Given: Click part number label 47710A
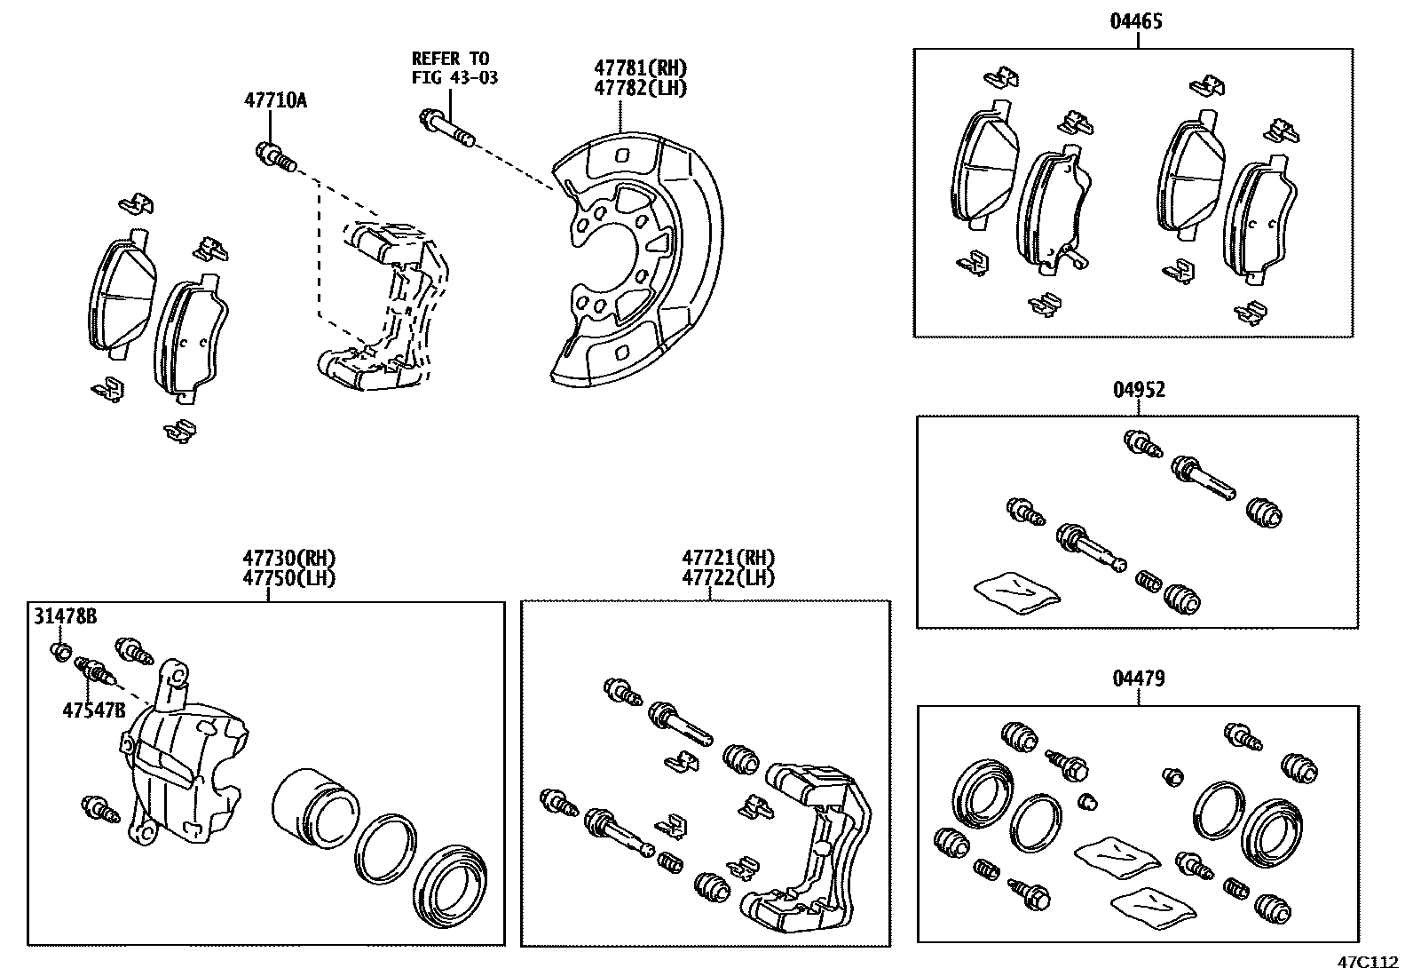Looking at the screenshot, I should pyautogui.click(x=275, y=100).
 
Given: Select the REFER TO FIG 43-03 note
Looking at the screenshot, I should pyautogui.click(x=454, y=68).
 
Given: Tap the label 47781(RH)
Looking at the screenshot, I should pyautogui.click(x=640, y=68).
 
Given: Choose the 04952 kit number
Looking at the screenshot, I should pyautogui.click(x=1138, y=389).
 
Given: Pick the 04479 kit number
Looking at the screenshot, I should pyautogui.click(x=1138, y=678).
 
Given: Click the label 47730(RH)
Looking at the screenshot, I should pyautogui.click(x=288, y=559).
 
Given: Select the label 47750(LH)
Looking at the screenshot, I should pyautogui.click(x=288, y=577).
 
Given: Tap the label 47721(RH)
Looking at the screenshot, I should pyautogui.click(x=728, y=559).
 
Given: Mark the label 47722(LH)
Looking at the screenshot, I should pyautogui.click(x=728, y=577).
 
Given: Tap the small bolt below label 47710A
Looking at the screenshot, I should pyautogui.click(x=273, y=156).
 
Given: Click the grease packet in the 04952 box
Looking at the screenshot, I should pyautogui.click(x=1015, y=591).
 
